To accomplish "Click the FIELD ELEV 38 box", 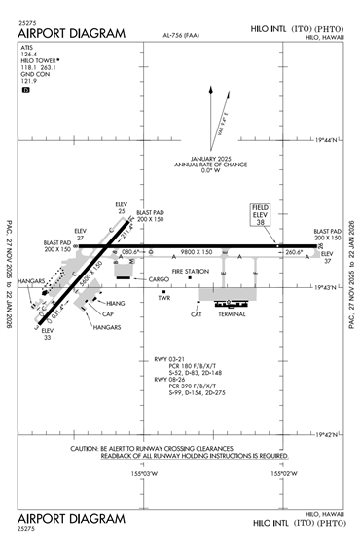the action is click(x=261, y=215).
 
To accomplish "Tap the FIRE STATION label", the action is click(x=191, y=271).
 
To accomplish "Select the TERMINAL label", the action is click(x=232, y=315).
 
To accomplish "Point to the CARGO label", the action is click(x=160, y=279).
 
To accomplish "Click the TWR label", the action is click(x=163, y=298).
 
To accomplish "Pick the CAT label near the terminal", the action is click(x=196, y=314).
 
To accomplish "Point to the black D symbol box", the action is click(x=26, y=90).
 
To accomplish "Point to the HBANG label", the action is click(x=115, y=304).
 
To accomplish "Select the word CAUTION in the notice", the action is click(x=88, y=448).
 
